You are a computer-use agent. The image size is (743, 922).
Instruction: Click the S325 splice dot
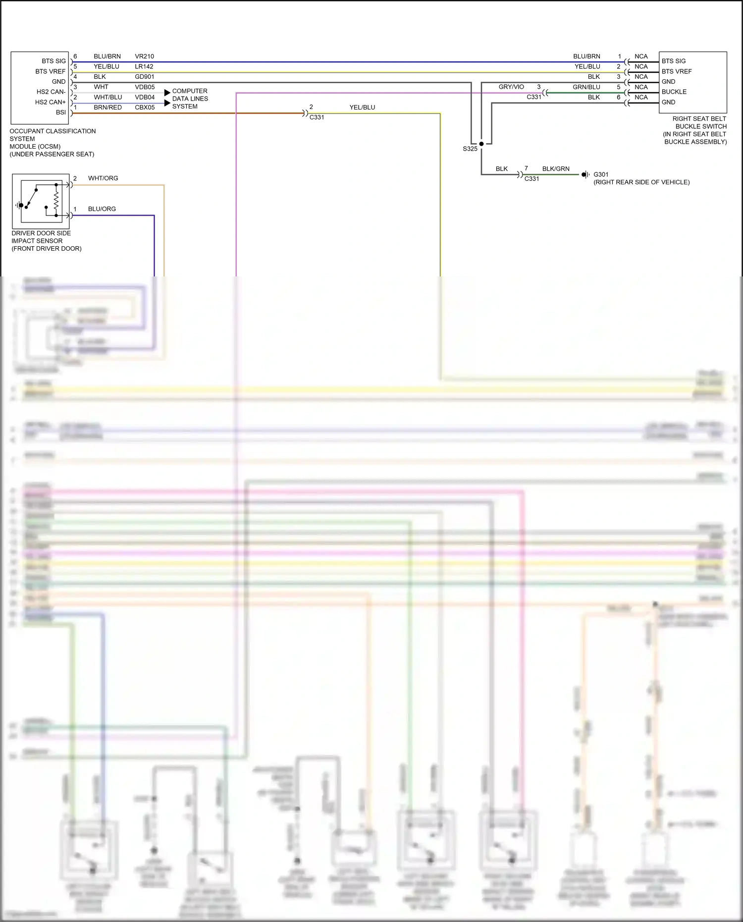click(481, 144)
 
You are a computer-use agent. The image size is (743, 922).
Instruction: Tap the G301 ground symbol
click(585, 174)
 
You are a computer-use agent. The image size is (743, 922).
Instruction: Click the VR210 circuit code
click(144, 56)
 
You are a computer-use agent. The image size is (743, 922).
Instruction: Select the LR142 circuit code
click(144, 66)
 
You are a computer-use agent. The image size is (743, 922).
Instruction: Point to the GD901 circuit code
click(144, 77)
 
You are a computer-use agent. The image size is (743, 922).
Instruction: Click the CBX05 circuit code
click(145, 108)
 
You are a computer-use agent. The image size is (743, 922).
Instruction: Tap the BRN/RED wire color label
click(107, 108)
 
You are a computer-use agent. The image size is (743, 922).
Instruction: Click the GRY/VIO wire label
click(511, 87)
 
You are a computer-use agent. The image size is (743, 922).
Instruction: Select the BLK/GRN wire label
click(555, 169)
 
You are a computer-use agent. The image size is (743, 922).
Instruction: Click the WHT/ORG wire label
click(103, 178)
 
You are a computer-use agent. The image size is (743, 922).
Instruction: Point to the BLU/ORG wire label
click(102, 209)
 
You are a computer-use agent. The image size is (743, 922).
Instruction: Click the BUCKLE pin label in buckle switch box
click(674, 92)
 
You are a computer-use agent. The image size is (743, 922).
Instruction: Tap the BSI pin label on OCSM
click(60, 112)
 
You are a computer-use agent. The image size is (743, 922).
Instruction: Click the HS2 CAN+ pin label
click(50, 102)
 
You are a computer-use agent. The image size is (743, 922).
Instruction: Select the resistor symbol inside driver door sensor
click(56, 201)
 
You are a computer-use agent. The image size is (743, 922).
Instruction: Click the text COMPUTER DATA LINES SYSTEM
click(190, 99)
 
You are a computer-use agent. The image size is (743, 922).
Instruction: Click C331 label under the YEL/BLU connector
click(317, 117)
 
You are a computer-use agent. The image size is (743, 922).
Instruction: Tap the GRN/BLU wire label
click(586, 87)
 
